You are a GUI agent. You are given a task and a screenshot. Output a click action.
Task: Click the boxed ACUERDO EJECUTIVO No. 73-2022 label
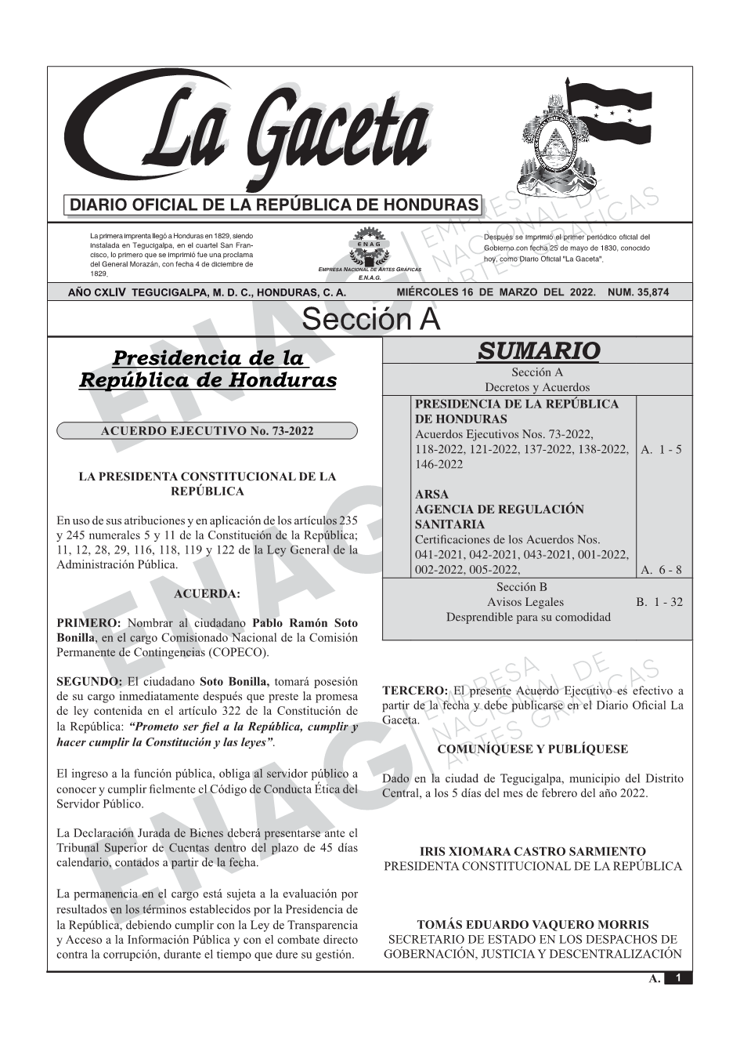click(208, 430)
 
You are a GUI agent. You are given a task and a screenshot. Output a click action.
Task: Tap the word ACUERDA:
click(207, 594)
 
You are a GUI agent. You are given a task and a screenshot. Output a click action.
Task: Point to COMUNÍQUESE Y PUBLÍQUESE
click(532, 749)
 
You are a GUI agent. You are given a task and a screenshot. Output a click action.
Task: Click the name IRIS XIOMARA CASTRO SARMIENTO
click(532, 851)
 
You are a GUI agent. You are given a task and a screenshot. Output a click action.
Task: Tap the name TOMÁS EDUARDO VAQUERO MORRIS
click(532, 925)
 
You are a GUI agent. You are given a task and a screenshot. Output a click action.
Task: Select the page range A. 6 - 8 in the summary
click(661, 570)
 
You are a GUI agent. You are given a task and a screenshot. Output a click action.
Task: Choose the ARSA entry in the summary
click(431, 495)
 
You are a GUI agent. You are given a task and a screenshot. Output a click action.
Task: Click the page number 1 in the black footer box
click(678, 978)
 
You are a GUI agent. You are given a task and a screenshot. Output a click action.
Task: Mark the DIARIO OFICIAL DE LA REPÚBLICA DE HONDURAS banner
click(274, 205)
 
